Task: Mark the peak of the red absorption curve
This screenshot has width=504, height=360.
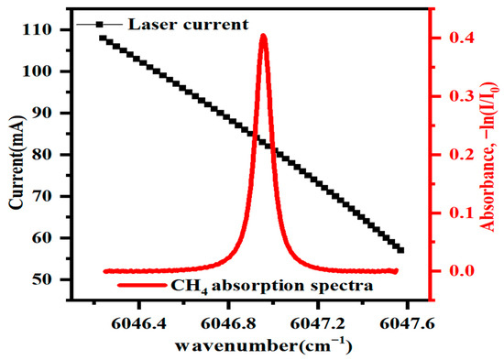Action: [264, 36]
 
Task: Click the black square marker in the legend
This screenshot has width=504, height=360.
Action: [99, 25]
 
